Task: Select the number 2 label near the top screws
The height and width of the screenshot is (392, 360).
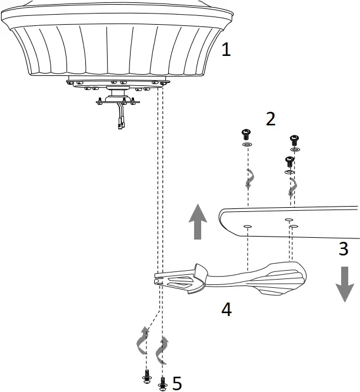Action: point(270,119)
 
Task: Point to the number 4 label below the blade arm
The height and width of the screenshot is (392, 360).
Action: point(225,309)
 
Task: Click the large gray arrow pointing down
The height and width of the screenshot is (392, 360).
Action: point(344,284)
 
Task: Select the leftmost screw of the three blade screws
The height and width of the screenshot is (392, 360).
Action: point(247,134)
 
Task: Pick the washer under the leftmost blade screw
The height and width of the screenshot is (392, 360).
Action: point(247,144)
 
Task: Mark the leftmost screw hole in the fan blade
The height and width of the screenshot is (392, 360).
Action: point(248,225)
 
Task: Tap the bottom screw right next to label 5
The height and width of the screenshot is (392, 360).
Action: point(163,383)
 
